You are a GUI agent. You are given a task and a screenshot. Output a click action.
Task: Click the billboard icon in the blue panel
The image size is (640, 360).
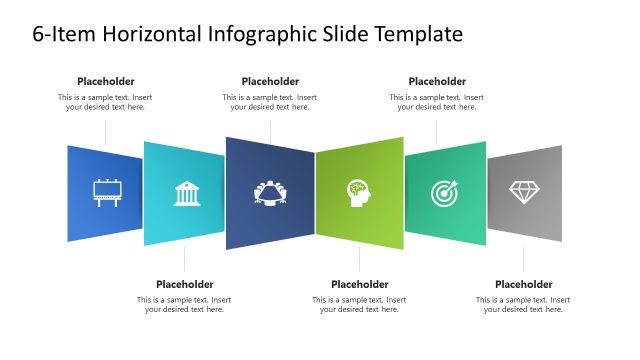coord(106,191)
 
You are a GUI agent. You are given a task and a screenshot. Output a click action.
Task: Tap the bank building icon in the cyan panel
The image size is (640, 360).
coord(186,193)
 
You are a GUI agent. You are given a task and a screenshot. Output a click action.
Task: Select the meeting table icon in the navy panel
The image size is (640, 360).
coord(270,192)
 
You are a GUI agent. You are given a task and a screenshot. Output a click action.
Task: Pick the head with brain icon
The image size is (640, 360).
coord(358,192)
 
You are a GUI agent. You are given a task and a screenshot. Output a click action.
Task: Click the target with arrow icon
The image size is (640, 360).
coord(443,192)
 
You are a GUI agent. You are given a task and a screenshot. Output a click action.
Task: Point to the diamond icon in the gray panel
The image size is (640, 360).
coord(524,191)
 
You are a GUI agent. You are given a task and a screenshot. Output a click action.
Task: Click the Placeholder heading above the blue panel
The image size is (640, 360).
coord(106,81)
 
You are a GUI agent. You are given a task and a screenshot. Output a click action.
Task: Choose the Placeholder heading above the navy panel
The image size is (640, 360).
coord(270,81)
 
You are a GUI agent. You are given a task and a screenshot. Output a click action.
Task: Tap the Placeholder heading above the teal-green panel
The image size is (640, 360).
coord(437,81)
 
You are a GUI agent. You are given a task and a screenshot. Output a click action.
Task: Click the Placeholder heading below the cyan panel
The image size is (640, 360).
coord(185,284)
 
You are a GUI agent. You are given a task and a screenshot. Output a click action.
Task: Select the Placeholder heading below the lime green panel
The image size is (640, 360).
coord(359,284)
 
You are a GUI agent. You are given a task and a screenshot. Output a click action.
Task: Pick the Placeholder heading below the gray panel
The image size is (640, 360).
coord(524,284)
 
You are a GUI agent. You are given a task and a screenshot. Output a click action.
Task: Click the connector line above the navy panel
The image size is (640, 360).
coord(270,130)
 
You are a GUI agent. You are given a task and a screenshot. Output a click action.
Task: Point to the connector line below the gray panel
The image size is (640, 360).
coord(524,258)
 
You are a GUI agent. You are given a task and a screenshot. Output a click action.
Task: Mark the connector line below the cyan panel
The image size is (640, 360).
coord(185,259)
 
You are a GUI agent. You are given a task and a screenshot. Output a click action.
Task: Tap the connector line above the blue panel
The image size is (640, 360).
coord(106,133)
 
